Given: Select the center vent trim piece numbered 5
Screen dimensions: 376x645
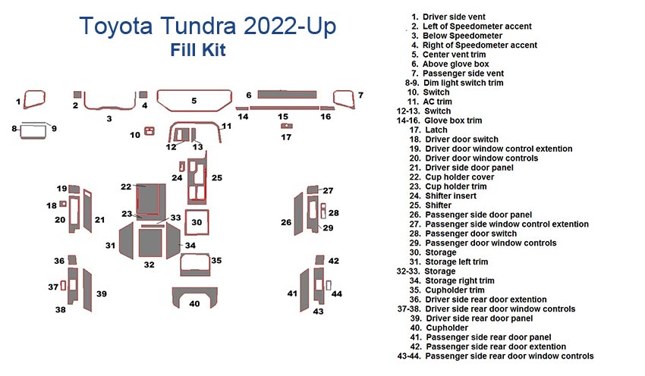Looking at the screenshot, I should pyautogui.click(x=193, y=100).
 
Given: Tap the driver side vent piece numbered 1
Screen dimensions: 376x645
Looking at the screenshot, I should pyautogui.click(x=35, y=99).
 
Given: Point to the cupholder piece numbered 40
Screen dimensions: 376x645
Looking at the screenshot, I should pyautogui.click(x=194, y=296).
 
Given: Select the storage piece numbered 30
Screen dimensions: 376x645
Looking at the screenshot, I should pyautogui.click(x=197, y=222).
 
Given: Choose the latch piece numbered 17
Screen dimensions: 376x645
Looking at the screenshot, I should pyautogui.click(x=286, y=126).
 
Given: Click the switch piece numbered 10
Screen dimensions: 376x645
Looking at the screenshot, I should pyautogui.click(x=149, y=131).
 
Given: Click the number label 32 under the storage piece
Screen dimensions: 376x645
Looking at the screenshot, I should pyautogui.click(x=149, y=265).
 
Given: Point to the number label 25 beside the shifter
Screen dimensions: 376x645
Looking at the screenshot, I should pyautogui.click(x=217, y=177).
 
